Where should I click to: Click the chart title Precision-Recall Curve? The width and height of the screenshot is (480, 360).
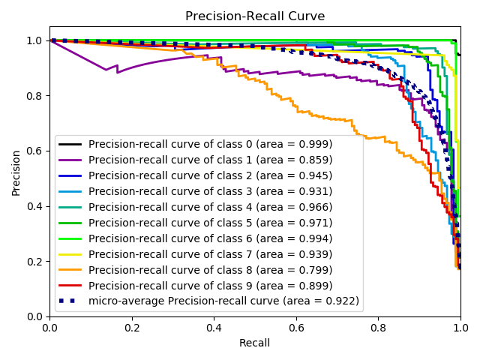click(255, 16)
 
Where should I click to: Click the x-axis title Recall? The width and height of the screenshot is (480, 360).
click(255, 343)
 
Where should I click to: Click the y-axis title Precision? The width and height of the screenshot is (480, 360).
click(16, 172)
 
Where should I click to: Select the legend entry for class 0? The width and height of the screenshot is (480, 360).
click(210, 144)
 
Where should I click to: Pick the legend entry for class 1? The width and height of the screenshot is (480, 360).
click(210, 160)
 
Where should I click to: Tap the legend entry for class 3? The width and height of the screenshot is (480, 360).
click(210, 191)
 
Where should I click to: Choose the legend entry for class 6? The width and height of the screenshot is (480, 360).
click(210, 238)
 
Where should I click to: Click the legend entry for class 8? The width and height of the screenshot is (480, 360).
click(210, 270)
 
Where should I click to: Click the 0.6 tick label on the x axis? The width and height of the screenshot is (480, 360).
click(296, 328)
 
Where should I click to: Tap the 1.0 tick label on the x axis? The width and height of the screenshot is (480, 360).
click(460, 328)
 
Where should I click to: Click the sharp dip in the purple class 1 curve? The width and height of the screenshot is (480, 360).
click(106, 70)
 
